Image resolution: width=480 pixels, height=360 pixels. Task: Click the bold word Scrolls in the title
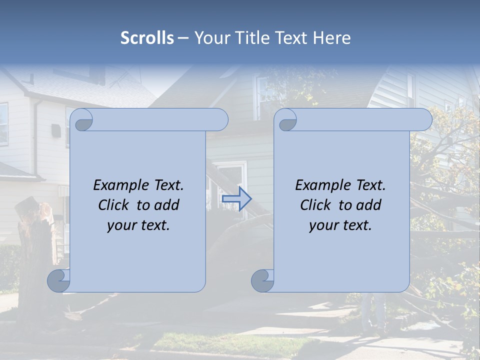click(147, 38)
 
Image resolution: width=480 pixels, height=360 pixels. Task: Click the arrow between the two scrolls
click(236, 198)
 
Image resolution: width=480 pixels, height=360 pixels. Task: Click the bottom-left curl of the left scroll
click(59, 280)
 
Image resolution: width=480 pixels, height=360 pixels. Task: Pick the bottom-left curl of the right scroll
click(262, 280)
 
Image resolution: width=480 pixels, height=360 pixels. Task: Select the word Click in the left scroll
click(114, 205)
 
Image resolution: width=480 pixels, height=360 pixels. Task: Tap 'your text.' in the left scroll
click(138, 225)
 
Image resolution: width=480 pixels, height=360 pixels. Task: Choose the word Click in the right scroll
click(316, 205)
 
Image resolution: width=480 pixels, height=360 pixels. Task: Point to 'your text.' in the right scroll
click(340, 225)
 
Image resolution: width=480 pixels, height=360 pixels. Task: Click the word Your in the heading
click(210, 38)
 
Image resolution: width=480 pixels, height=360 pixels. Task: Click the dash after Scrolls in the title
click(183, 38)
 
